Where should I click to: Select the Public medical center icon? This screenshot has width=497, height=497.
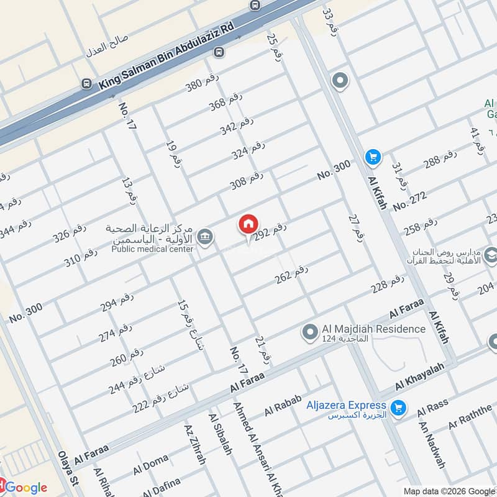pos(204,236)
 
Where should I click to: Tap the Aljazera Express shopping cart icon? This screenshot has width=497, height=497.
pos(399,408)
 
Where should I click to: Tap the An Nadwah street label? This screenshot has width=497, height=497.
pos(432,445)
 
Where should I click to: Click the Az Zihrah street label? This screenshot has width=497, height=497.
pos(194,445)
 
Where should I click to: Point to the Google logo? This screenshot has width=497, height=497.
pos(25,487)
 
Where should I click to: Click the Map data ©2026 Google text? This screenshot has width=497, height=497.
pos(456,489)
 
